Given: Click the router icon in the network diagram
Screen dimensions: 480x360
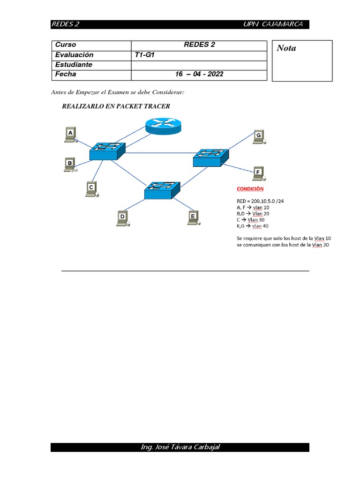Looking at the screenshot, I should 162,125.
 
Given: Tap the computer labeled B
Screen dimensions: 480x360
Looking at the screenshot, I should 70,165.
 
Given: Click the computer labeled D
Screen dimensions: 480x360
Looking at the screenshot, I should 123,217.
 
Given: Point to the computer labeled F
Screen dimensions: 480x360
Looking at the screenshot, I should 258,173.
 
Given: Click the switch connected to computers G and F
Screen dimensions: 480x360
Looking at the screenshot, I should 211,157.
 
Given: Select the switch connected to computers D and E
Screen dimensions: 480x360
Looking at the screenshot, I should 162,190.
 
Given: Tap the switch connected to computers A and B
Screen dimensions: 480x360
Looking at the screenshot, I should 108,151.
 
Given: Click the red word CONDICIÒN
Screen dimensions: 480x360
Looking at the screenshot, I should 250,189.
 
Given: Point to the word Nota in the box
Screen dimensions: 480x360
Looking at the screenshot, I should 286,48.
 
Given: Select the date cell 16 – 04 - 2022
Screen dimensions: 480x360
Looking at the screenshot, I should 199,74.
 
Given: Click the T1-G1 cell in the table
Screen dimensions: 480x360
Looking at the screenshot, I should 144,55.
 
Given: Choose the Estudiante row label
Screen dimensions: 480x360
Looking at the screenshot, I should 74,65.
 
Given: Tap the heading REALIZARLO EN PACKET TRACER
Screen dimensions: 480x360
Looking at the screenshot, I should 116,106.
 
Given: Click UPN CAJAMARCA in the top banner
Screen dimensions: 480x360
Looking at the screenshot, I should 273,24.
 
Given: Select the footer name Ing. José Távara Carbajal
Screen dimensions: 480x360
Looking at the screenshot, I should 180,447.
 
